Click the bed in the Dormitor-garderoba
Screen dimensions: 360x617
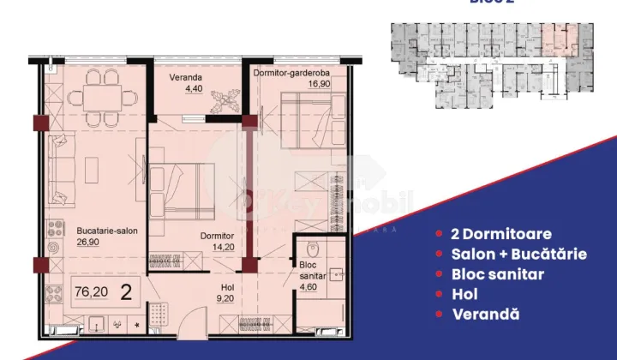coord(303,124)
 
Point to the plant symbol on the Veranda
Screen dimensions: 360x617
coord(227,99)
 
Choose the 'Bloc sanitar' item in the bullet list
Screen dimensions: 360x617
coord(498,274)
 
